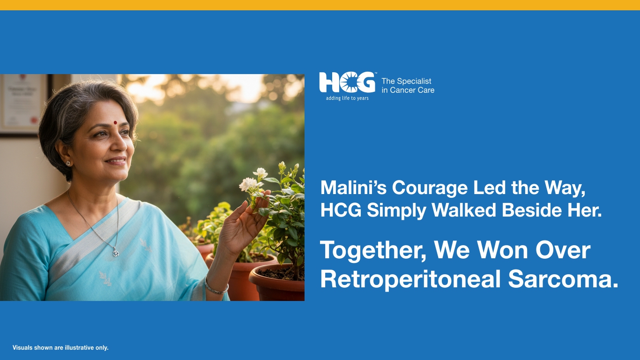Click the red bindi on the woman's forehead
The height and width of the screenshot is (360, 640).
coord(115,123)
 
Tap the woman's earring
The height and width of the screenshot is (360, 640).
coord(68,163)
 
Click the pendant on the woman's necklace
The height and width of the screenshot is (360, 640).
coord(116,253)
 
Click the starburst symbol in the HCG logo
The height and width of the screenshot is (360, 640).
coord(349,83)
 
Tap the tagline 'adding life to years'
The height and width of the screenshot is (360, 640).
coord(347,98)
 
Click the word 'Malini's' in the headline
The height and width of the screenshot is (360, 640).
coord(354,188)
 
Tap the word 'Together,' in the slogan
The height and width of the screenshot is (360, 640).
coord(373,251)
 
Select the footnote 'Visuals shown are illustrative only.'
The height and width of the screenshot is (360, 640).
coord(60,348)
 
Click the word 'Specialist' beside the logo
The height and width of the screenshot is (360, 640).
coord(414,81)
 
